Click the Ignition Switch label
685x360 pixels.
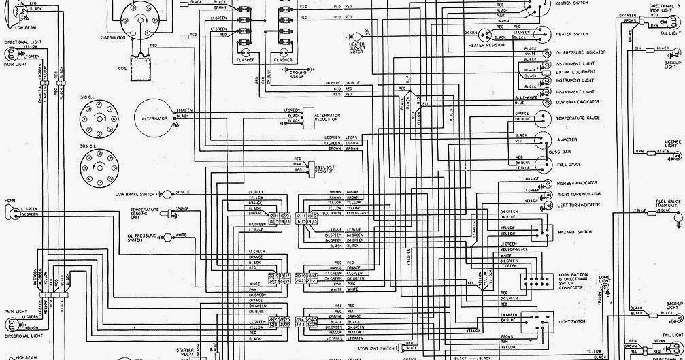[571, 3]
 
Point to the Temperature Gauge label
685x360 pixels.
[578, 118]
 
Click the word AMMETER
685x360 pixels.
[566, 140]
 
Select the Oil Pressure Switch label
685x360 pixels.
[135, 238]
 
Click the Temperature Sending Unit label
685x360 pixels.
[144, 212]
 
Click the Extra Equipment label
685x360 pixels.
[575, 71]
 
